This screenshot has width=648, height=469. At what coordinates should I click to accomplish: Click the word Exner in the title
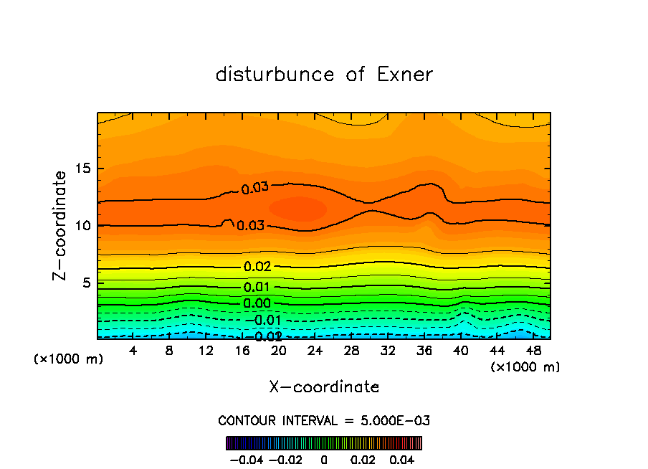click(405, 75)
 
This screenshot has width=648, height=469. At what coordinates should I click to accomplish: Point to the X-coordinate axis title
click(324, 387)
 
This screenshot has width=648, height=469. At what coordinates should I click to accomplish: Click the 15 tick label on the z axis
click(83, 169)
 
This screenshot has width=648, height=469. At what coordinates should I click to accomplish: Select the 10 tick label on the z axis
click(83, 226)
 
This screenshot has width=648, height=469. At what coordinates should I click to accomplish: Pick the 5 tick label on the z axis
click(87, 283)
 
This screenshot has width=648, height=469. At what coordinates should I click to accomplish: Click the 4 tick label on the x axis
click(133, 351)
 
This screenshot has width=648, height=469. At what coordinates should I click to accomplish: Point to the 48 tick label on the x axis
click(533, 351)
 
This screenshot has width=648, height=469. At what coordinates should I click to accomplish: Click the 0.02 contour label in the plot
click(257, 267)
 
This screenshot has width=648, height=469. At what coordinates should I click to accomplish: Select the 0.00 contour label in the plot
click(257, 303)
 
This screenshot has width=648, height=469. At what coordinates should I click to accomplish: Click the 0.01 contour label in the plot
click(257, 288)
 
